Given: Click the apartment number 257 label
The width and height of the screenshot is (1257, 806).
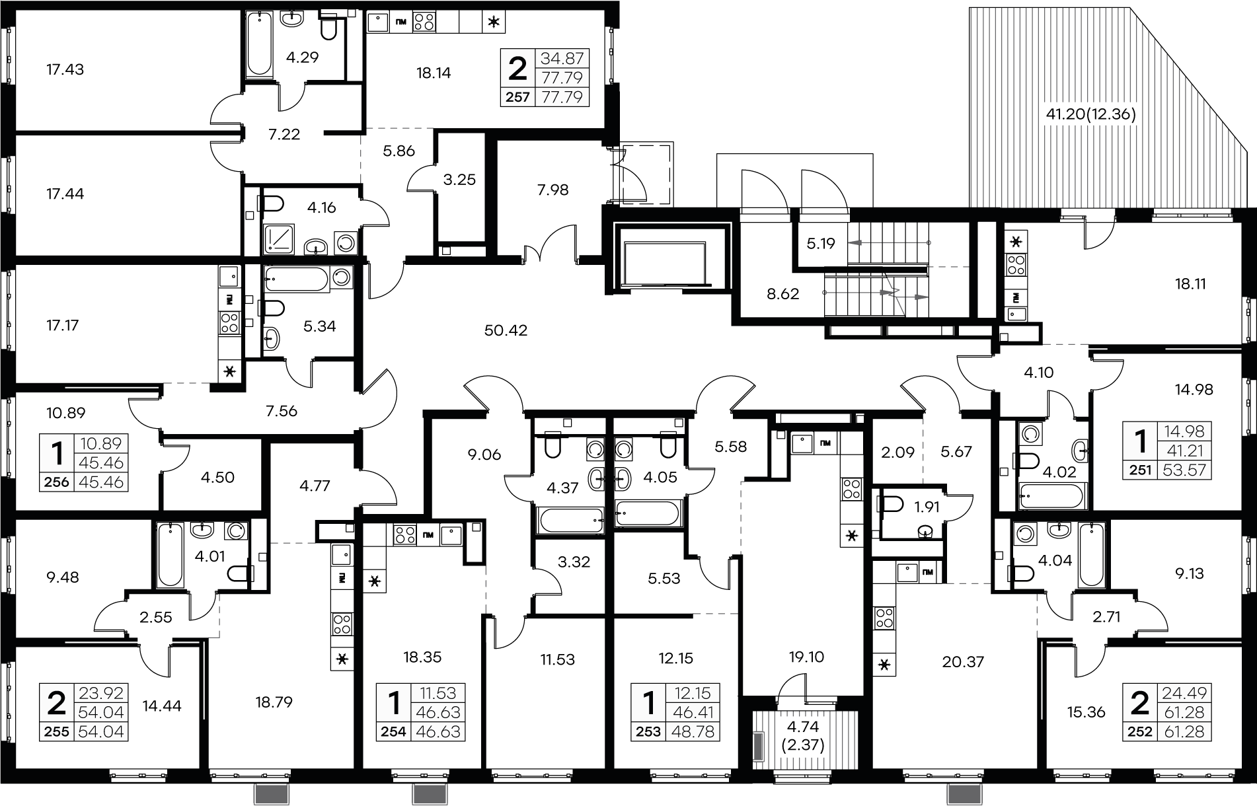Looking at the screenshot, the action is (x=517, y=97).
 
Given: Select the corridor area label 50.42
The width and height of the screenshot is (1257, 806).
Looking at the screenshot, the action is (x=506, y=330).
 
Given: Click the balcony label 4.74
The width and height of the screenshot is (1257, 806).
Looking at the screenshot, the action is (x=804, y=727).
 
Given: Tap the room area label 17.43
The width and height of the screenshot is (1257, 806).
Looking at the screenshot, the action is (x=65, y=69).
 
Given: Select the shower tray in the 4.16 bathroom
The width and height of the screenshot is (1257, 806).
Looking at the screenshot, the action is (x=282, y=238).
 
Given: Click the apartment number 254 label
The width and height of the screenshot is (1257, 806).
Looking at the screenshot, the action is (x=394, y=731).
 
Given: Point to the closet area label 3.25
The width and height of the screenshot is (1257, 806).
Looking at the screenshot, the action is (x=459, y=180).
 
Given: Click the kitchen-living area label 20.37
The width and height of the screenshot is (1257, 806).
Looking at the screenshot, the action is (x=963, y=661).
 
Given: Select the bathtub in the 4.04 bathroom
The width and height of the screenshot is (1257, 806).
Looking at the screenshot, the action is (x=1091, y=554).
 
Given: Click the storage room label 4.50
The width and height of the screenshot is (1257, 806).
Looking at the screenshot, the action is (x=217, y=477).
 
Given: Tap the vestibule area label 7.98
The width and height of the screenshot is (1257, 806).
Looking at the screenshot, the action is (x=552, y=190).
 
